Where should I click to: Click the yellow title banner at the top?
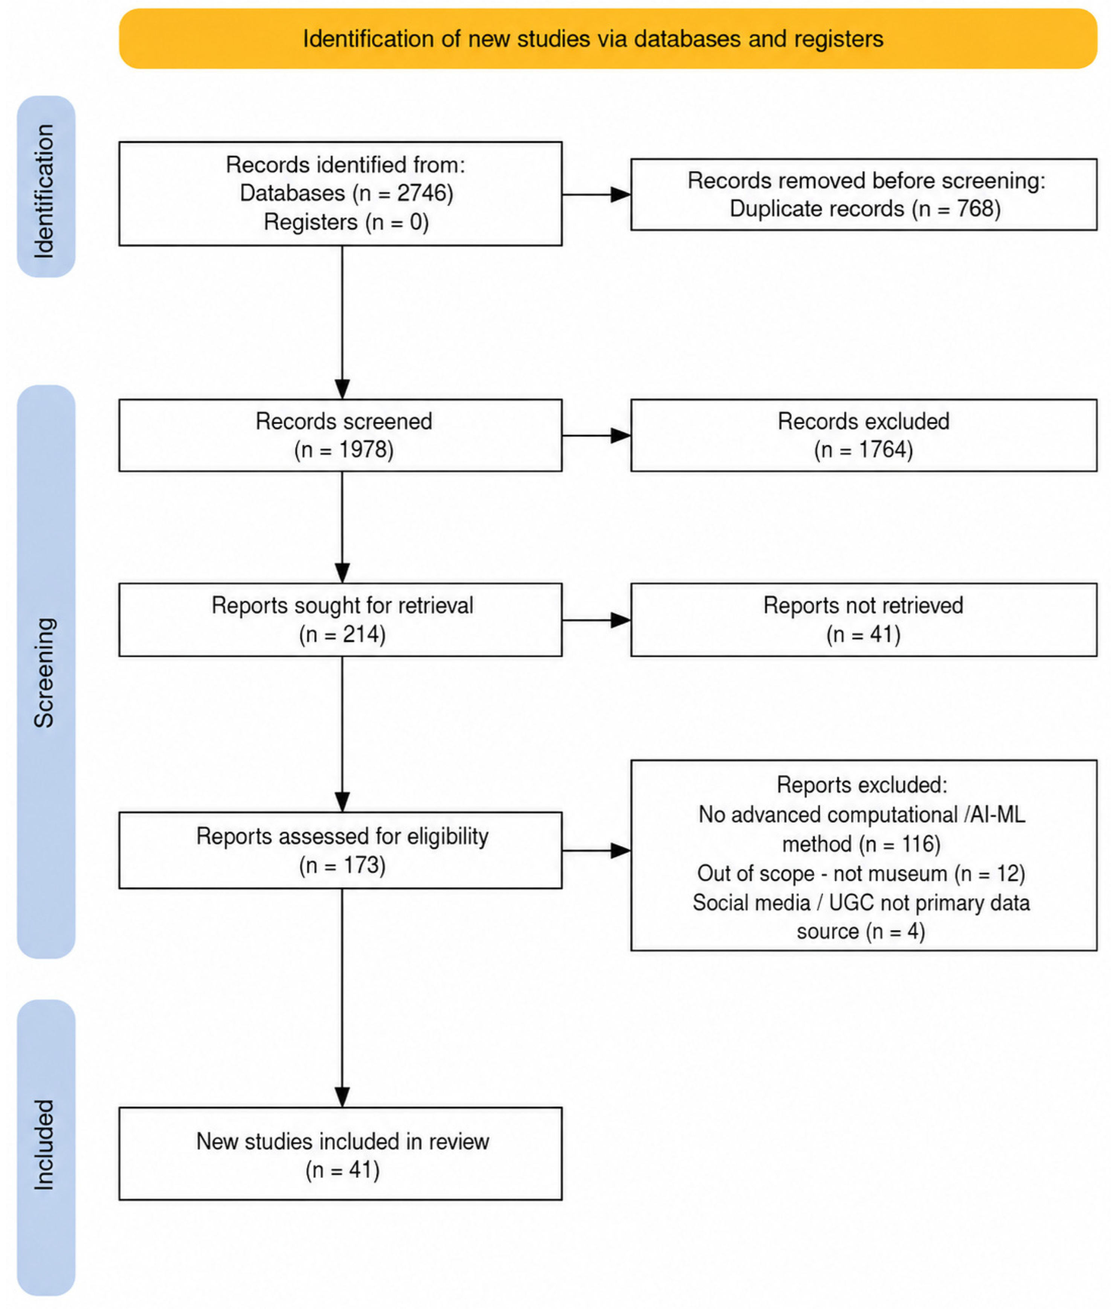click(608, 38)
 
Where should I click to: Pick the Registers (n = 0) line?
click(346, 222)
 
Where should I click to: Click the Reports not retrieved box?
click(864, 620)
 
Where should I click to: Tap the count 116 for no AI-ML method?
click(916, 844)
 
